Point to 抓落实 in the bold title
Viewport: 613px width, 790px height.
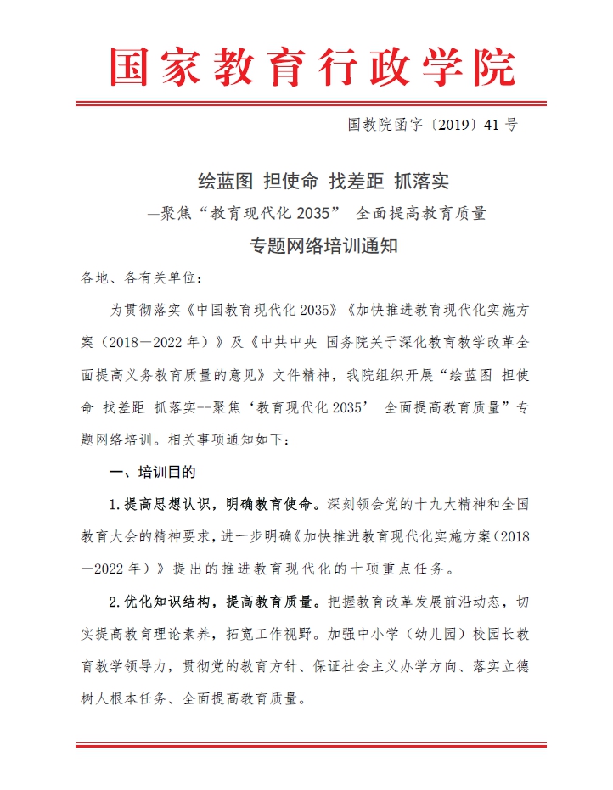424,181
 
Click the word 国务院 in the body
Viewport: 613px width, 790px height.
348,343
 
